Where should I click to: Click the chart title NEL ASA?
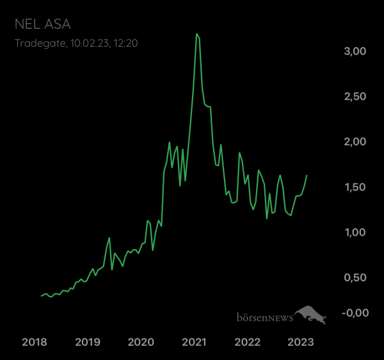point(43,24)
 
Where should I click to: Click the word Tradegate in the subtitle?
point(41,44)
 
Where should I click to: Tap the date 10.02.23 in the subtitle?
point(90,44)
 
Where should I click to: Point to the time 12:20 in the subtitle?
point(125,43)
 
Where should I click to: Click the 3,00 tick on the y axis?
point(355,51)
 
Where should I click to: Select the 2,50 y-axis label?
point(355,97)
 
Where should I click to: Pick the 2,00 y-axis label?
point(355,142)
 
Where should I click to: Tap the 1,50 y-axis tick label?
point(355,187)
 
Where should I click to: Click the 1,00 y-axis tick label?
point(355,233)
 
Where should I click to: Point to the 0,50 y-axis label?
point(355,277)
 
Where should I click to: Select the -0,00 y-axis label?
point(355,313)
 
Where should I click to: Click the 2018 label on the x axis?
point(35,342)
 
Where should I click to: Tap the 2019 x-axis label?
point(88,342)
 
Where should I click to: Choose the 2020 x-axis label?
point(141,342)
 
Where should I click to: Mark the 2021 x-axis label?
point(194,342)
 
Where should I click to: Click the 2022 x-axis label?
point(247,342)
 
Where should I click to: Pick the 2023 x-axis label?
point(301,342)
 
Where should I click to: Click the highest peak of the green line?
point(196,34)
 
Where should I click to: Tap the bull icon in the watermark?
point(310,315)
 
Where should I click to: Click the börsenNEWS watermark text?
point(265,317)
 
